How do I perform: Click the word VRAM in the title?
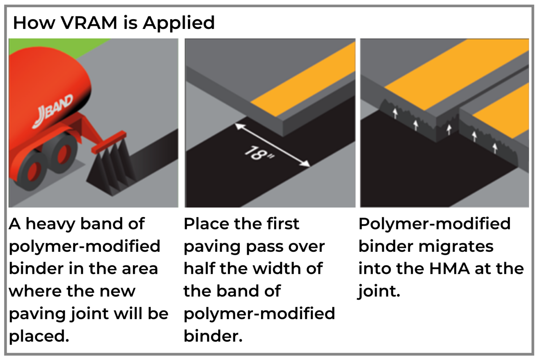[89, 23]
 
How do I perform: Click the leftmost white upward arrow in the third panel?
[395, 113]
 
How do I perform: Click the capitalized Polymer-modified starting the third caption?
[434, 224]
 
